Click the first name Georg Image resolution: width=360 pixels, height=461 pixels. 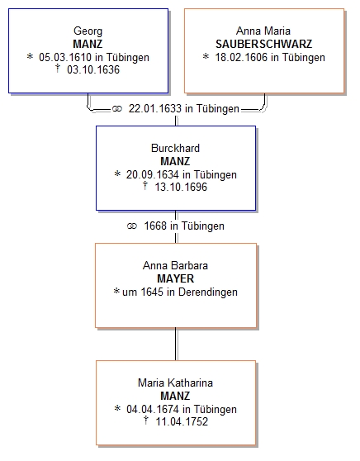point(88,31)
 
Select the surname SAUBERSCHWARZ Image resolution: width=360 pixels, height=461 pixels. point(264,44)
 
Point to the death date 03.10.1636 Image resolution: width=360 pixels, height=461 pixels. point(93,69)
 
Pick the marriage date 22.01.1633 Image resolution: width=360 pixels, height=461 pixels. point(155,108)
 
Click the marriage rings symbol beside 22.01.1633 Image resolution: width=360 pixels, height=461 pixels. point(117,109)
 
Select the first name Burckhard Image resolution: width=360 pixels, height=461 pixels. point(175,148)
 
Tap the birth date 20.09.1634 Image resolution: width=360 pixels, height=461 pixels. point(153,174)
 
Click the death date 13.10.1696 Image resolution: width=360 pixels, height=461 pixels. point(181,187)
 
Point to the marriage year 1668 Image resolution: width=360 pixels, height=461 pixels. point(155,226)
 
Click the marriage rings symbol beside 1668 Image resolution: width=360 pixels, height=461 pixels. point(132,226)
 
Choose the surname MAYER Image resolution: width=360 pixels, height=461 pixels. point(175,278)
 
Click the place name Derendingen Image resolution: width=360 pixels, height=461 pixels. point(208,292)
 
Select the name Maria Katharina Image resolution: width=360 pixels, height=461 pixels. point(175,383)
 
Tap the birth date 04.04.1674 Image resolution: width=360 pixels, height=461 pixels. point(153,409)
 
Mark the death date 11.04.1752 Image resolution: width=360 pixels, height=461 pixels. point(182,421)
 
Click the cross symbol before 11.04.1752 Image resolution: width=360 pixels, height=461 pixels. point(146,421)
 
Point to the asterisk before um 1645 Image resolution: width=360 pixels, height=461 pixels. point(116,292)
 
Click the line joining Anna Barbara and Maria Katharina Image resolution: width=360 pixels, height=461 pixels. point(176,344)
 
